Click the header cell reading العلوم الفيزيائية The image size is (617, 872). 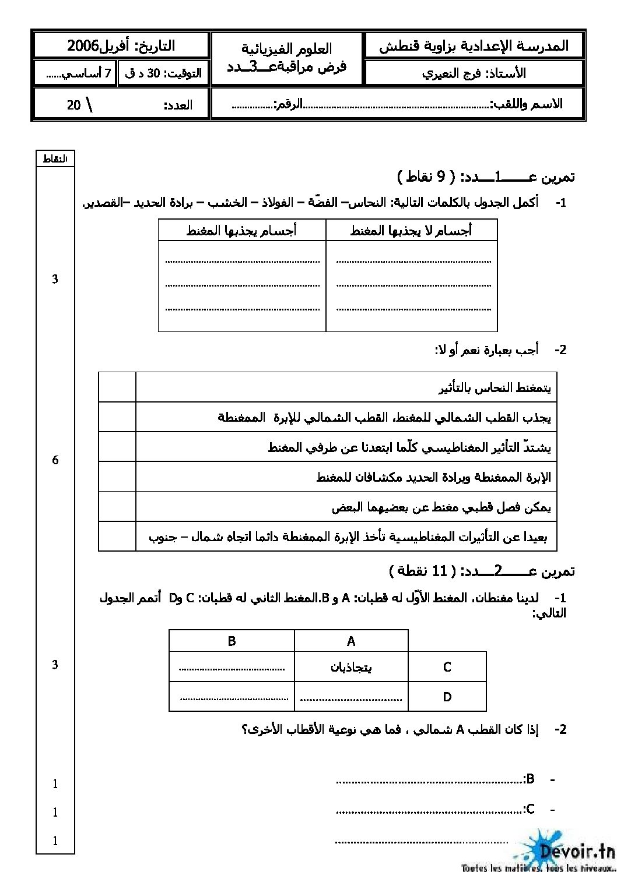click(x=286, y=49)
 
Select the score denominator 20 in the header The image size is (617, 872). click(x=73, y=105)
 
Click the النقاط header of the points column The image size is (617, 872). click(x=55, y=158)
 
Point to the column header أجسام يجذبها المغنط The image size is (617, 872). click(x=241, y=231)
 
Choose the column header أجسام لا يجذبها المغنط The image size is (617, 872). click(x=411, y=231)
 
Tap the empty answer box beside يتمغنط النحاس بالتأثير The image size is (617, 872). click(x=117, y=387)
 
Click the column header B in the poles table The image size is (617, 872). click(x=232, y=641)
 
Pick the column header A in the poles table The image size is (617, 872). click(x=351, y=641)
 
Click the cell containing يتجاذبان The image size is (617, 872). click(x=351, y=667)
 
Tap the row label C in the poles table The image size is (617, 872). click(x=447, y=667)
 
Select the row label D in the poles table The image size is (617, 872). click(x=447, y=697)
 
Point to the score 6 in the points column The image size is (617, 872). click(x=55, y=460)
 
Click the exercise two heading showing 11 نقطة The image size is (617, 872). click(x=482, y=571)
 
